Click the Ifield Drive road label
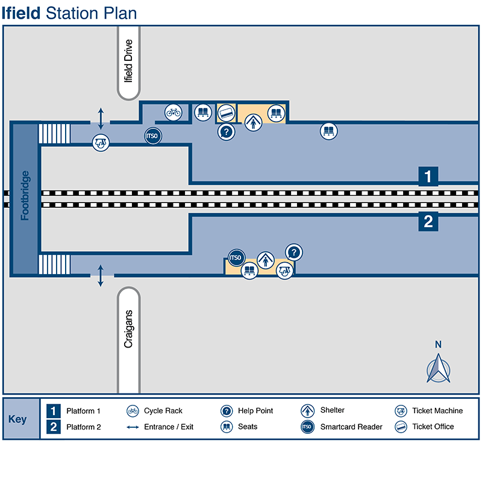coord(128,61)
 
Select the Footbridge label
coord(25,196)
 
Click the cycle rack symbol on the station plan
coord(173,112)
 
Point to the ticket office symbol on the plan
coord(226,112)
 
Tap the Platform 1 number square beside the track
coord(428,177)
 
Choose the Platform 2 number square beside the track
coord(428,222)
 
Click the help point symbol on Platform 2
coord(293,252)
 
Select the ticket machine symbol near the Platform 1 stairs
coord(101,143)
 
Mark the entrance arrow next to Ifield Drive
coord(101,116)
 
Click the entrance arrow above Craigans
coord(101,275)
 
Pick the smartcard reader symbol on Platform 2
coord(236,258)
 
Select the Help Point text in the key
coord(255,411)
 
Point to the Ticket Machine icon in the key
coord(401,411)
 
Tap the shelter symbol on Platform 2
coord(265,260)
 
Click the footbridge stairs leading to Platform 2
coord(55,264)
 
